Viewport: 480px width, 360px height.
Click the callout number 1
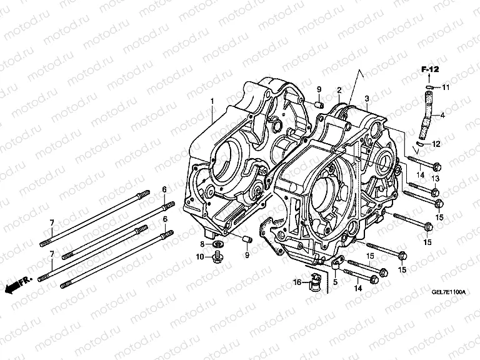tap(212, 102)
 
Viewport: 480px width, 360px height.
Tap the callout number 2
tap(339, 90)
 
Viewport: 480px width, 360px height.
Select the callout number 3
tap(367, 99)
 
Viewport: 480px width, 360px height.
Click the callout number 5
tap(335, 282)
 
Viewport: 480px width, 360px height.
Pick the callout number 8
tap(202, 243)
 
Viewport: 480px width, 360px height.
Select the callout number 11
tap(446, 87)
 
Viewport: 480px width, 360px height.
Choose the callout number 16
tap(298, 282)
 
